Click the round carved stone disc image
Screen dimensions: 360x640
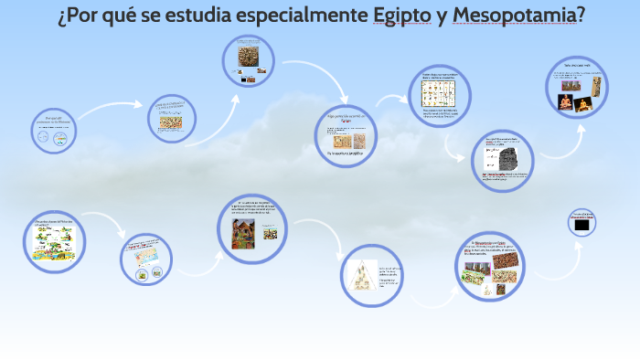(x=249, y=58)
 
